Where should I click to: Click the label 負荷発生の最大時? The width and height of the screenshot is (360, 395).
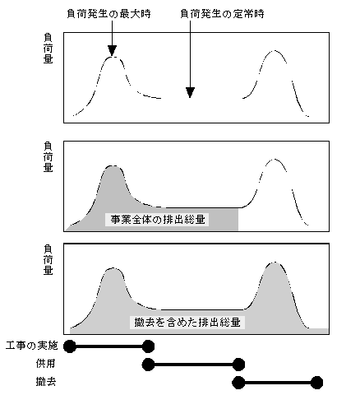(108, 14)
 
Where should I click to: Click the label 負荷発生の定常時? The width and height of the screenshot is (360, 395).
(222, 14)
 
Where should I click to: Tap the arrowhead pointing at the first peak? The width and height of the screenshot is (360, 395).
(112, 50)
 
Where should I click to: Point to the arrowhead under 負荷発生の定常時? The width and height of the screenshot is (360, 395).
(190, 92)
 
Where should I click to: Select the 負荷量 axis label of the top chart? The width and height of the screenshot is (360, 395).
(48, 49)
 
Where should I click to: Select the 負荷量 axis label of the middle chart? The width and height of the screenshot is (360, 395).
(48, 157)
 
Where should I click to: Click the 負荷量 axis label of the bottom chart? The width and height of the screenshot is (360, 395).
(48, 260)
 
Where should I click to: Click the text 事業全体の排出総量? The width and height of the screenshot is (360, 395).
(158, 220)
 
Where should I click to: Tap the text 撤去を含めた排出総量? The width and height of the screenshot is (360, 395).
(187, 322)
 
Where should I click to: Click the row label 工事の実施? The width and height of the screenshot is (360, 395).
(32, 346)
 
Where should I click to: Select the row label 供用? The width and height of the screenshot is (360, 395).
(46, 364)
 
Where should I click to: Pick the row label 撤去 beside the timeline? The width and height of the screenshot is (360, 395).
(46, 382)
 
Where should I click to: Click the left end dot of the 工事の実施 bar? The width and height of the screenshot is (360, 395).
(70, 346)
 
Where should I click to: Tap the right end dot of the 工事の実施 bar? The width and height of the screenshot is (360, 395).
(148, 346)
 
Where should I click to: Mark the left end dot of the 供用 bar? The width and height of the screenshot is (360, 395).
(148, 365)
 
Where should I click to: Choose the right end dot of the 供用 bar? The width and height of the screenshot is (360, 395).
(238, 365)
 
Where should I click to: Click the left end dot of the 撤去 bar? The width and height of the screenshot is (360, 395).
(238, 383)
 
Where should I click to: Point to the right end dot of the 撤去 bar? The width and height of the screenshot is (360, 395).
(316, 383)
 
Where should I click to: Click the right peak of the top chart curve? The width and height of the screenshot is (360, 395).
(275, 51)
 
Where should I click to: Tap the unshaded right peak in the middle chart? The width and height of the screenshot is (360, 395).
(274, 159)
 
